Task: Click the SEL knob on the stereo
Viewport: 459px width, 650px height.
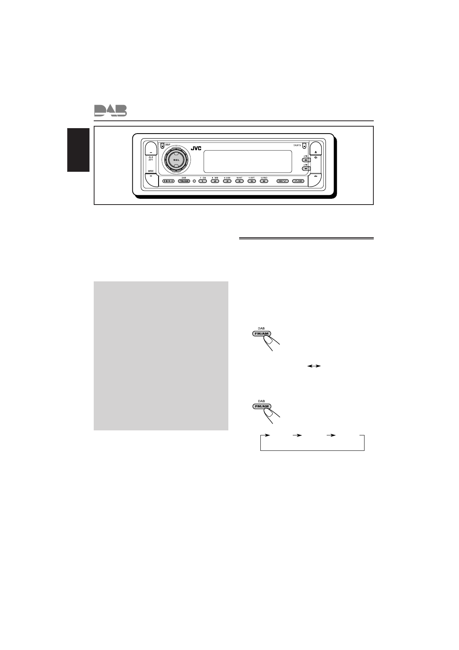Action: click(x=176, y=160)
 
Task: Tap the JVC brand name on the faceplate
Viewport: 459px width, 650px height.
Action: click(x=196, y=148)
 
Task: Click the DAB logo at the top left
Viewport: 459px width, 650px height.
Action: click(x=110, y=111)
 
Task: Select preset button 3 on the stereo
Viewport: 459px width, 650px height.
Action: click(x=227, y=181)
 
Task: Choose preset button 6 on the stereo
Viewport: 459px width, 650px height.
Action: click(x=264, y=181)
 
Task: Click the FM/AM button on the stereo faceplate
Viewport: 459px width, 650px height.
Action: click(x=184, y=181)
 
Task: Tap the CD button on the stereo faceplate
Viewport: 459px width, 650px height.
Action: click(x=169, y=181)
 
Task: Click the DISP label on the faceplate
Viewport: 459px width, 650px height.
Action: click(x=167, y=145)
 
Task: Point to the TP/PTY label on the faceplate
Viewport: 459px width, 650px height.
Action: click(x=297, y=146)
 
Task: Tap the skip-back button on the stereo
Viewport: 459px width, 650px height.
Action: click(x=281, y=181)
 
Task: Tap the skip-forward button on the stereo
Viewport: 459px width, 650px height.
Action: click(x=298, y=181)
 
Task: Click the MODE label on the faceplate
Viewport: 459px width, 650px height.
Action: click(x=151, y=171)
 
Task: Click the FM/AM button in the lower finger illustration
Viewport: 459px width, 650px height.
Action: click(x=261, y=406)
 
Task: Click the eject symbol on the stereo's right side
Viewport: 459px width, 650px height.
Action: click(x=316, y=152)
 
